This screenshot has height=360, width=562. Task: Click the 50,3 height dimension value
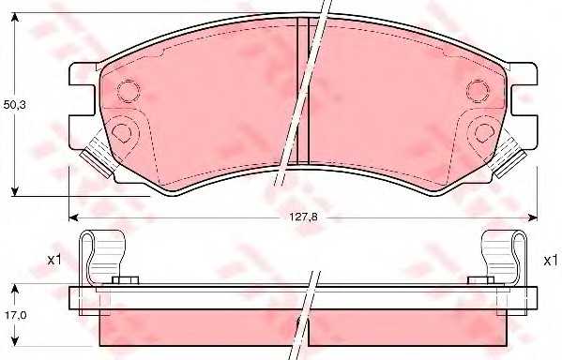click(14, 105)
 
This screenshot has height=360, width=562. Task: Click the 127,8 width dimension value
click(303, 217)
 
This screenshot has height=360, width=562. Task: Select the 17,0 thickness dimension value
click(14, 315)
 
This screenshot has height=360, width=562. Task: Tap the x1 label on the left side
click(54, 260)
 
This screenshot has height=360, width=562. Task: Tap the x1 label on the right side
click(550, 261)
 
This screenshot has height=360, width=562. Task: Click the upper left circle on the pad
click(129, 91)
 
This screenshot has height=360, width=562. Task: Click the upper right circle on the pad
click(478, 91)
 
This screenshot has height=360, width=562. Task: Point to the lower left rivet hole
click(122, 132)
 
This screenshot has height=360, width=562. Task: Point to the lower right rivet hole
click(484, 132)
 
